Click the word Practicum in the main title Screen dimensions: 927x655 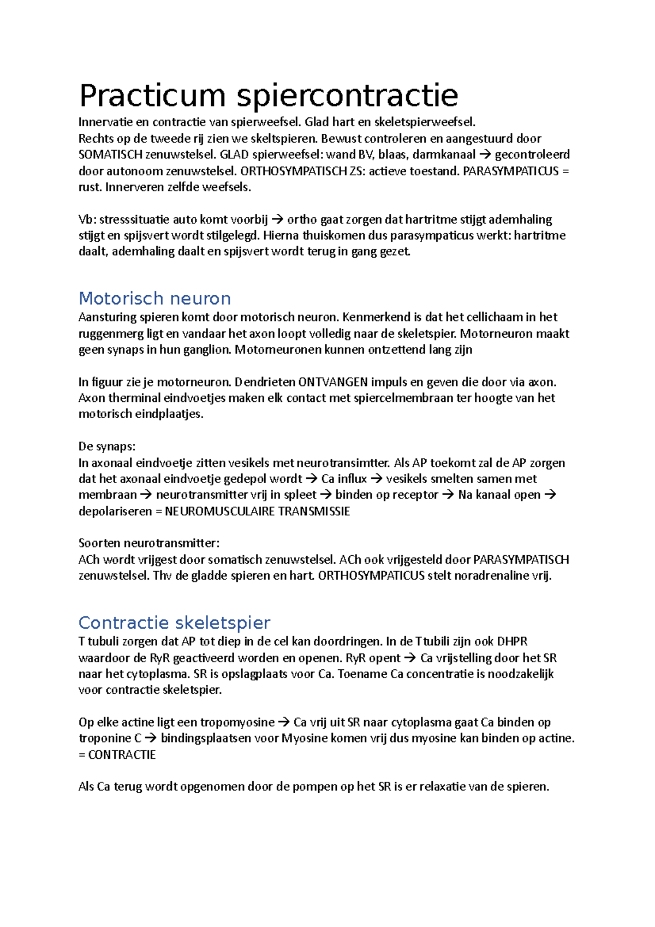(x=152, y=96)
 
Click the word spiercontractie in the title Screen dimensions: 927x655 (x=347, y=96)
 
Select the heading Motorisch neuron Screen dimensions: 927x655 (x=154, y=299)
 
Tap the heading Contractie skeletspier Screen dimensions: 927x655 (x=174, y=623)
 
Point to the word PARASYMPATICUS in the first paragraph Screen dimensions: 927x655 (x=511, y=171)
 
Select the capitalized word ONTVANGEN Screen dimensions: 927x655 (x=333, y=382)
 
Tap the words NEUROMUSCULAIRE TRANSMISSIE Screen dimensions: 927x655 (x=257, y=512)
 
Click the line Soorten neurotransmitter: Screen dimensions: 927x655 (x=149, y=543)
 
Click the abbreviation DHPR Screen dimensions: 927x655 (x=512, y=641)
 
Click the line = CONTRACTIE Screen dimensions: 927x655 (x=117, y=755)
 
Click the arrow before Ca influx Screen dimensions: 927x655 (x=311, y=479)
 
